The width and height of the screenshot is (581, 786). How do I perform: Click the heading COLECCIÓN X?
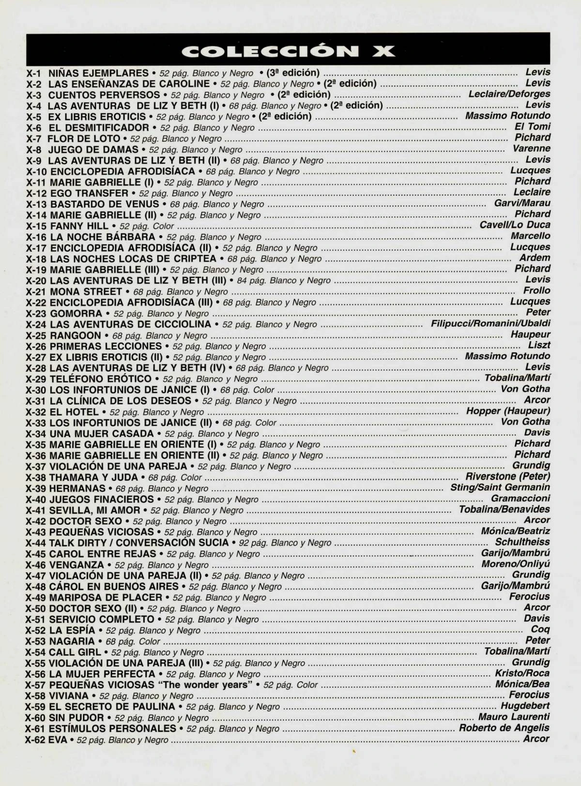point(288,50)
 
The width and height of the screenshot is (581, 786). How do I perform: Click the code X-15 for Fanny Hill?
point(36,226)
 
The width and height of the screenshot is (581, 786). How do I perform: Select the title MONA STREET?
point(86,292)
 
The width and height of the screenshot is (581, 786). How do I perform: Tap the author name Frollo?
point(536,290)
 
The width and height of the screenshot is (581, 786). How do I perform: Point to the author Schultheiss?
point(522,542)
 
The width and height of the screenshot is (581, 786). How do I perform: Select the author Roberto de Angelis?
point(504,728)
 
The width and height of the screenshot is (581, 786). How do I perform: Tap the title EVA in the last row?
point(58,740)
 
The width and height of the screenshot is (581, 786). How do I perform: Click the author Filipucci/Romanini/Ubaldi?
point(490,323)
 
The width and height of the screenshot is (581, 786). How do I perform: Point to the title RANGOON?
point(75,335)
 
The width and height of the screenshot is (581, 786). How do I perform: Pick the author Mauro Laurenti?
point(514,717)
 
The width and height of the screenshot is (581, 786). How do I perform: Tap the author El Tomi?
point(532,127)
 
